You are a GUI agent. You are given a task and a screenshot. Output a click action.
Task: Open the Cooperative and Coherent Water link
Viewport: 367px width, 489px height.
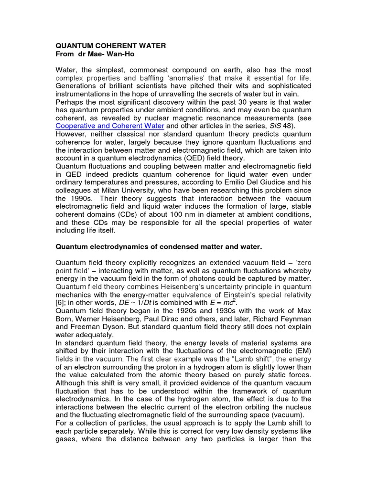pyautogui.click(x=110, y=126)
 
